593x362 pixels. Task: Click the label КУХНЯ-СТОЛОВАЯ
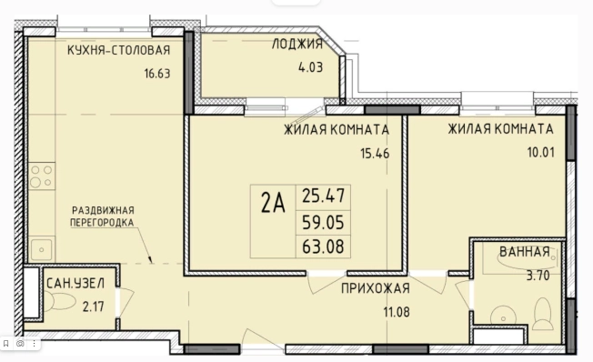[x=117, y=50]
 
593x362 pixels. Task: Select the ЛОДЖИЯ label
[x=298, y=43]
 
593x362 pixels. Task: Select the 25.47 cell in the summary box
[x=326, y=194]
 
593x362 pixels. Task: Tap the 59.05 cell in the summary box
[x=326, y=220]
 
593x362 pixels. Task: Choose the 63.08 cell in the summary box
[x=326, y=245]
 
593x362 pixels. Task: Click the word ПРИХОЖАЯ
[x=375, y=289]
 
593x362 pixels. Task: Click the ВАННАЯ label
[x=524, y=252]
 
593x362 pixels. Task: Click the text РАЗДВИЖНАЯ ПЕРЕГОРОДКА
[x=103, y=215]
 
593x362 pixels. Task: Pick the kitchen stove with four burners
[x=41, y=176]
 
